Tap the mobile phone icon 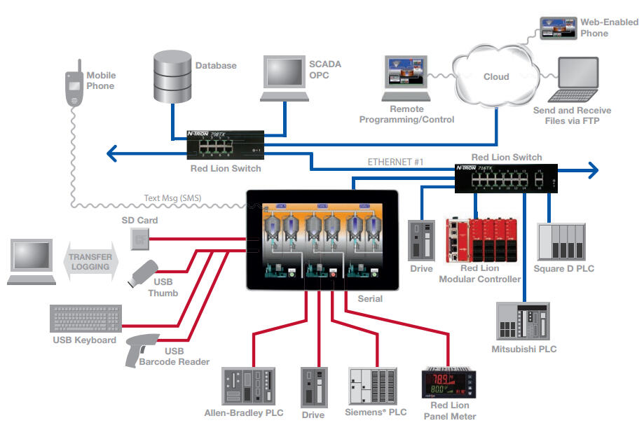(x=74, y=88)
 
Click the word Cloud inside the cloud (x=496, y=77)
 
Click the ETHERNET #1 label (x=396, y=162)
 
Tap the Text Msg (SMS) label (x=173, y=198)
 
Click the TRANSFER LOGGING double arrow (x=90, y=262)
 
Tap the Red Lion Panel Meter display (x=449, y=383)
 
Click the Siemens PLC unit (x=377, y=385)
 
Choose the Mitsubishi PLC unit (x=523, y=321)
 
